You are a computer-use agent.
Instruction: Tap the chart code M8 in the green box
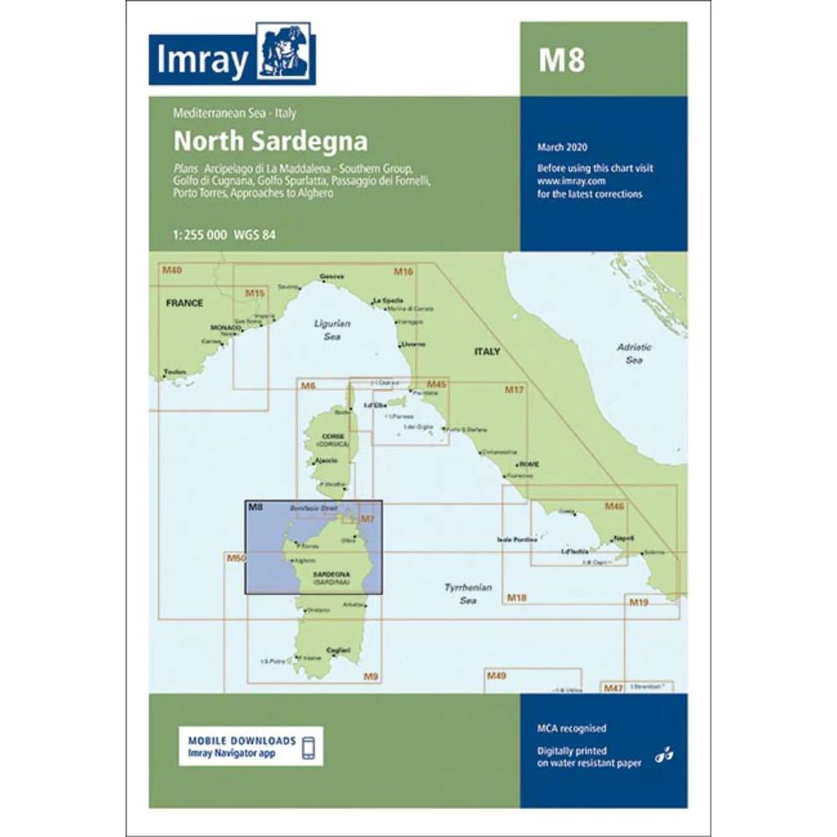pos(561,60)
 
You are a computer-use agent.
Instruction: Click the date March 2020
pos(562,147)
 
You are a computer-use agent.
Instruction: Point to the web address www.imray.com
pos(572,180)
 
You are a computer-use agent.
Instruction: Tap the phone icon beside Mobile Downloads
pos(309,747)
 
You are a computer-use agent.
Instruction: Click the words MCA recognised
pos(572,729)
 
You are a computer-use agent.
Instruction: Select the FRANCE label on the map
pos(184,303)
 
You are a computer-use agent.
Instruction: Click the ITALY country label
pos(487,352)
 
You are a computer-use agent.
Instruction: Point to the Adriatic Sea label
pos(634,353)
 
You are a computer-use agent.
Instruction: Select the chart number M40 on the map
pos(172,270)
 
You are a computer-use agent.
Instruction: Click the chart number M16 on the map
pos(403,271)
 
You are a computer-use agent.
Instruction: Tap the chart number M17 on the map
pos(514,390)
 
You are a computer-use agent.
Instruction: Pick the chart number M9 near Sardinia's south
pos(370,675)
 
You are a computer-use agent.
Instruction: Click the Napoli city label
pos(623,537)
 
